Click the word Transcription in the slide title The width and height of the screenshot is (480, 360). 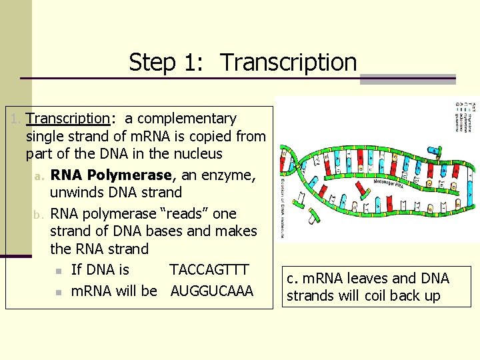(x=289, y=62)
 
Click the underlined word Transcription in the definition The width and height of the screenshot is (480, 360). (x=67, y=119)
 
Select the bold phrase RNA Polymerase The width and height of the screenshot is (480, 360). (x=111, y=175)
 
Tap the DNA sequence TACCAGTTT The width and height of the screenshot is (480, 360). (x=209, y=269)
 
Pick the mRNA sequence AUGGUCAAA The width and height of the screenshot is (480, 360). (x=212, y=291)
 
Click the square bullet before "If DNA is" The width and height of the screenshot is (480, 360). (x=59, y=271)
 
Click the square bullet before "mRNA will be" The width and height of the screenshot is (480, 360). (x=59, y=292)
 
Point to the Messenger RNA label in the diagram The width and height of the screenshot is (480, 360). (x=389, y=182)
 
